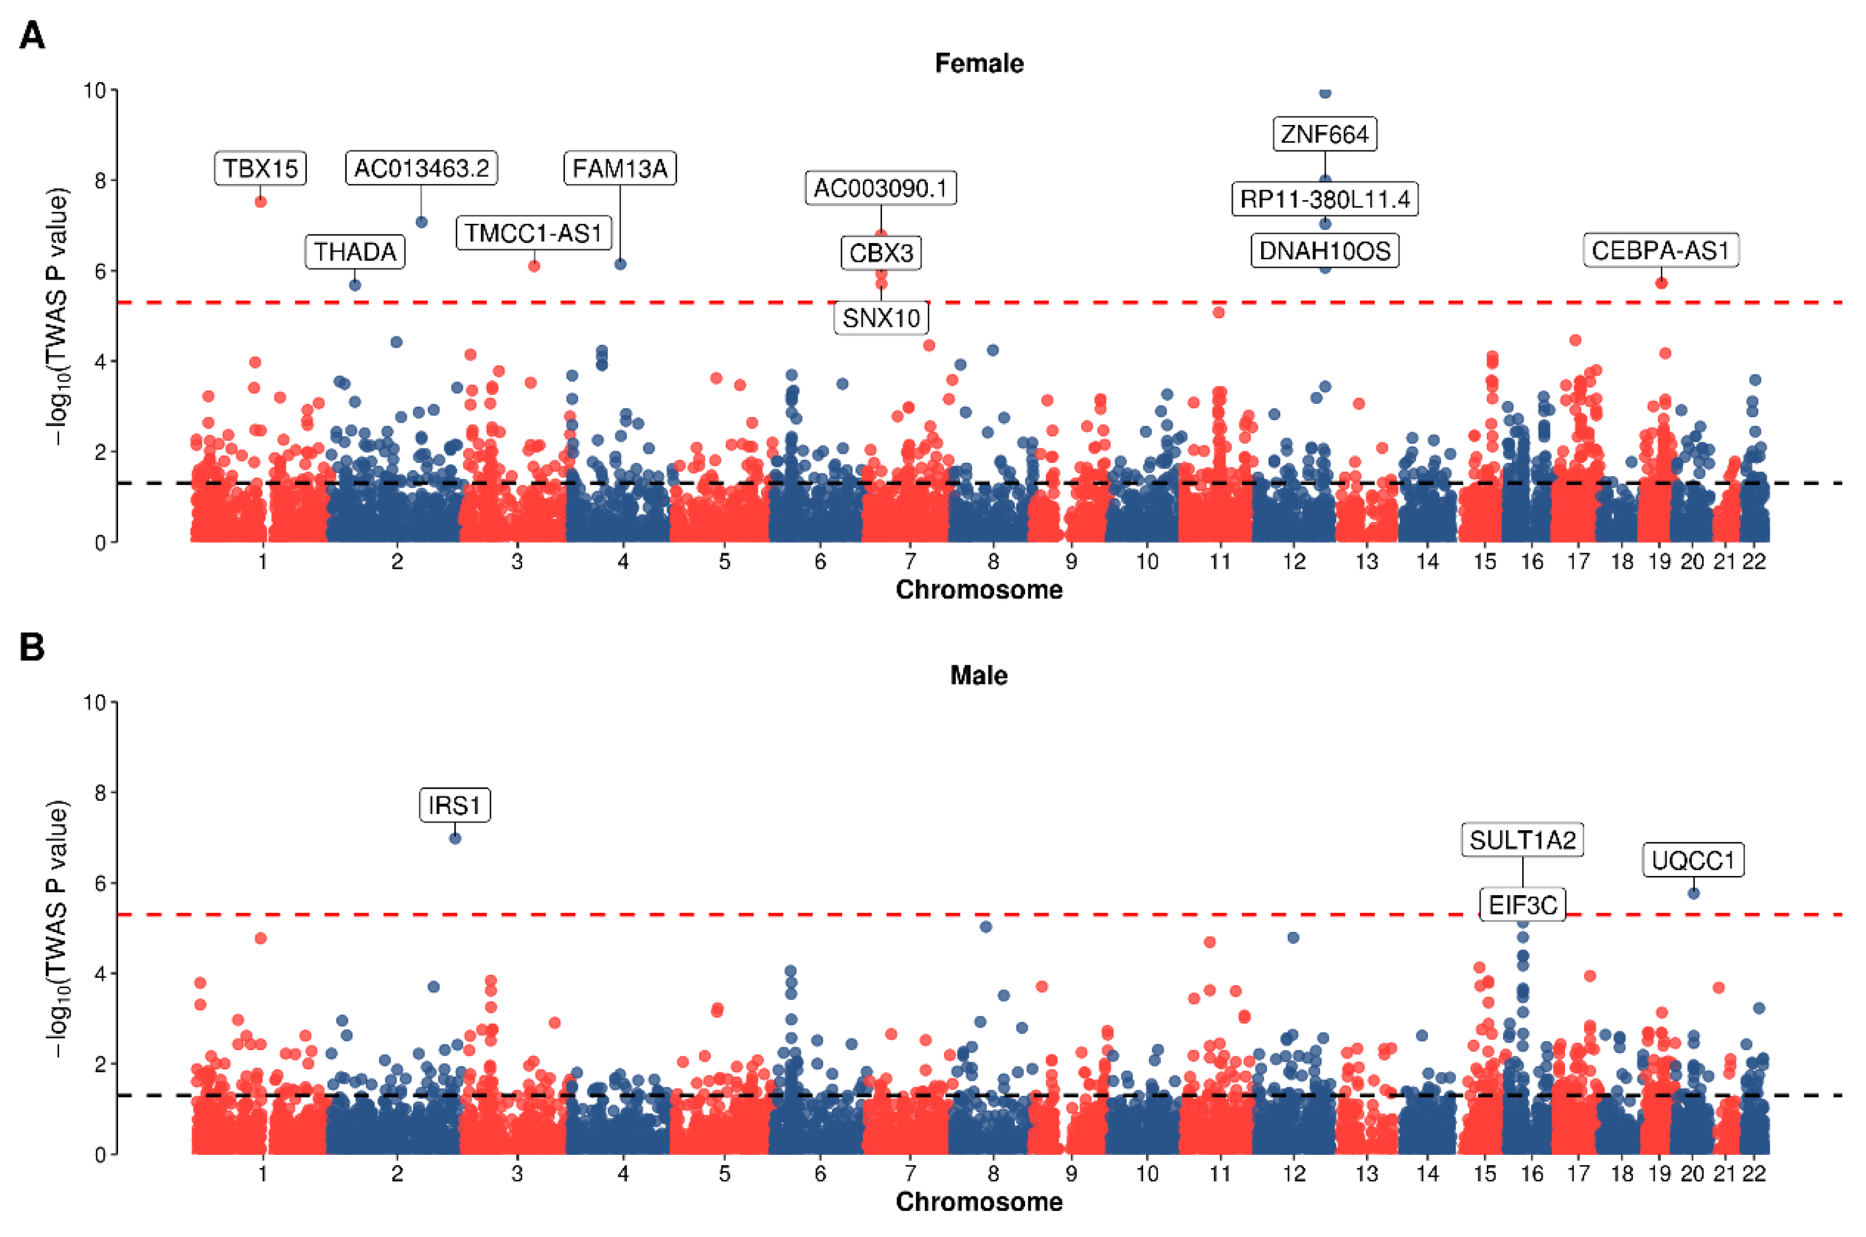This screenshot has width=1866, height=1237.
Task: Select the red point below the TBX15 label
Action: (x=260, y=202)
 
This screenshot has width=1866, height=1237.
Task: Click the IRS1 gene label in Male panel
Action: (x=454, y=805)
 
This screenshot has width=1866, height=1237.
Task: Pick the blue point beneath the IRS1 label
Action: (x=456, y=838)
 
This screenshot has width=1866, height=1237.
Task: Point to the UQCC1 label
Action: (x=1692, y=860)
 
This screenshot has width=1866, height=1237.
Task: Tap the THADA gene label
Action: (x=355, y=252)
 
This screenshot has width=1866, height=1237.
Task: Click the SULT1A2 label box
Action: (x=1522, y=840)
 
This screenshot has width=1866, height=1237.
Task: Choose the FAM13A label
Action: (x=619, y=168)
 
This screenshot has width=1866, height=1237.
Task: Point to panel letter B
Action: (x=32, y=647)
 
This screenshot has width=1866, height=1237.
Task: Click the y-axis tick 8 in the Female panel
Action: (x=100, y=181)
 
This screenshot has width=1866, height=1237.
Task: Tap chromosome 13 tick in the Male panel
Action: (x=1367, y=1174)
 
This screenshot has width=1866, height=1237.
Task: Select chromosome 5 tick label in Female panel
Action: (x=724, y=562)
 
